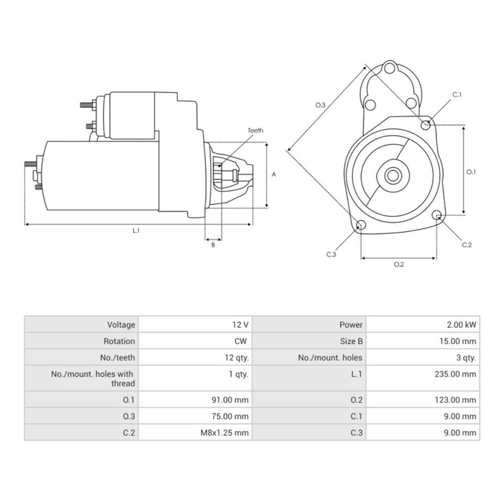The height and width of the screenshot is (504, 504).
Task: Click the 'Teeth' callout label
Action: [x=256, y=131]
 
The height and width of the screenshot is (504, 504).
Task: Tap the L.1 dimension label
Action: [x=136, y=230]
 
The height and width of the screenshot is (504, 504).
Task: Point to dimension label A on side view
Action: [x=274, y=175]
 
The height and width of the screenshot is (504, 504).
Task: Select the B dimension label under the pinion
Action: [x=213, y=245]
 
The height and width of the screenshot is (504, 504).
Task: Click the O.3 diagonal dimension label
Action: [x=320, y=105]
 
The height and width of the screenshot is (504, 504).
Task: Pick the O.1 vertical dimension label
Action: [x=471, y=172]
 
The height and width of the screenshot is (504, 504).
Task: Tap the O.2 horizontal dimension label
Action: [x=399, y=264]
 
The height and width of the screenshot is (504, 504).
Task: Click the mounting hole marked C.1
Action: [x=426, y=124]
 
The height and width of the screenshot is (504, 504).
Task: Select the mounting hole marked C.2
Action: [x=436, y=215]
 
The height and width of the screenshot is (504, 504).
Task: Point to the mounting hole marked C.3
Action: [x=361, y=225]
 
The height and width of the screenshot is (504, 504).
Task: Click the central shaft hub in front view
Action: [x=393, y=175]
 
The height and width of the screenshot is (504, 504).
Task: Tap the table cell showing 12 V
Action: [x=239, y=324]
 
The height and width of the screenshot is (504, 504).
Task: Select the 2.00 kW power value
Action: [x=458, y=324]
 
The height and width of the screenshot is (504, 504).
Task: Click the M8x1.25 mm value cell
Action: [x=224, y=433]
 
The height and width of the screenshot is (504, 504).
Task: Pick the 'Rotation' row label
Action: [x=119, y=341]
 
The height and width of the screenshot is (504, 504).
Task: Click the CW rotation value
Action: [x=240, y=341]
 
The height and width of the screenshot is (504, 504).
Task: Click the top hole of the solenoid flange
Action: [x=389, y=68]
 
